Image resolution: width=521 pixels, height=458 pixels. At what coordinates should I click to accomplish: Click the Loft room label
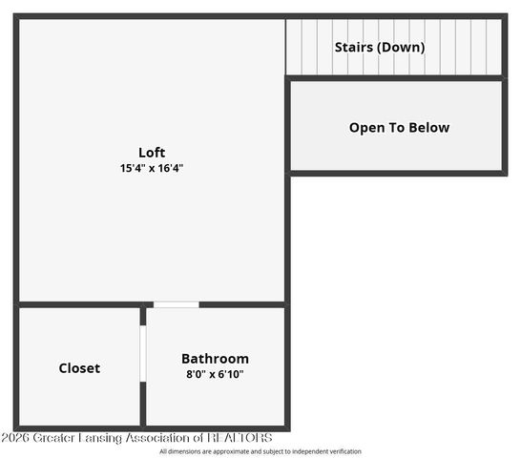152,153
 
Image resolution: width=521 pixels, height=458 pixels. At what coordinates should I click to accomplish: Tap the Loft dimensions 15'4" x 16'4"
152,168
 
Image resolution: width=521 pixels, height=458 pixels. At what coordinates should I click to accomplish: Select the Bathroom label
215,359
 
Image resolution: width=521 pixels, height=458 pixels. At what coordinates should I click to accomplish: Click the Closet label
79,368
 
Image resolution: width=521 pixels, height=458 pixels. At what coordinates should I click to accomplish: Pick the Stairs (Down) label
379,47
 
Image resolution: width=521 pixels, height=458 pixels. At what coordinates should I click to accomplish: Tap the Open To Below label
399,128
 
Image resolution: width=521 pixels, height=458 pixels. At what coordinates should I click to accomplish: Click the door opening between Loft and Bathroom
176,304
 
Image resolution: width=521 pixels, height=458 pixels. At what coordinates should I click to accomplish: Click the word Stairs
352,47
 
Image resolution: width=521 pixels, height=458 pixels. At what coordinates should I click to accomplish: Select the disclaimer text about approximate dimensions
260,451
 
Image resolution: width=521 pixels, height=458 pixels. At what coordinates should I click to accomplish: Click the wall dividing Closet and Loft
76,304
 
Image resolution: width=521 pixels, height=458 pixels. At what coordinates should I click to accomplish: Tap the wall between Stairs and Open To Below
396,78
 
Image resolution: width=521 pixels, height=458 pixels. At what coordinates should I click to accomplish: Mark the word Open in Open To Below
365,128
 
